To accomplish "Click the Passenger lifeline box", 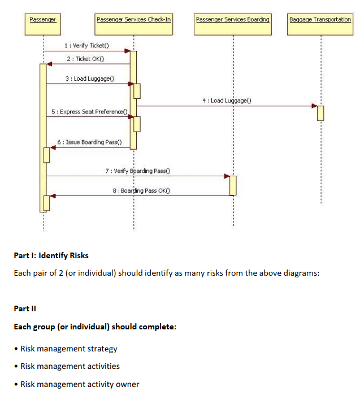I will tap(43, 19).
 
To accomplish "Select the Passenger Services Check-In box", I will tap(134, 19).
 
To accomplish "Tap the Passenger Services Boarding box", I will tap(233, 19).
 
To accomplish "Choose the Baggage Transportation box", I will tap(320, 19).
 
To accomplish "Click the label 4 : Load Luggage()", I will tap(226, 100).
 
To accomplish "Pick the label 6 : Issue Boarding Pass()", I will tap(89, 142).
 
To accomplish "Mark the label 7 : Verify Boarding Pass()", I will tap(138, 170).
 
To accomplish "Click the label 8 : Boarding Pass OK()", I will tap(142, 190).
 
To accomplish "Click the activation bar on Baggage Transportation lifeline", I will tap(320, 112).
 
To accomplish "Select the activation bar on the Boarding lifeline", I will tap(233, 185).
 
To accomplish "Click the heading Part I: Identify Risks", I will tap(51, 255).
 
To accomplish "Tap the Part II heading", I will tap(25, 308).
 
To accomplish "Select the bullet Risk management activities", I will tap(70, 366).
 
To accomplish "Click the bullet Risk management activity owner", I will tap(80, 384).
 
